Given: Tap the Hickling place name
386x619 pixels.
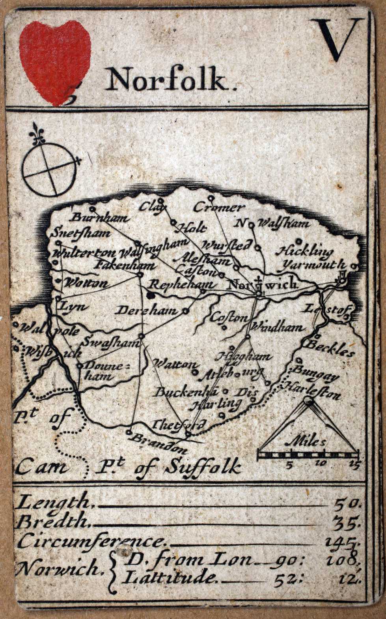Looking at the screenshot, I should coord(305,251).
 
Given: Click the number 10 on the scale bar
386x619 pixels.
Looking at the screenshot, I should coord(319,464).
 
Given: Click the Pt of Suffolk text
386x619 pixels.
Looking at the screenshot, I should coord(168,467).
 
